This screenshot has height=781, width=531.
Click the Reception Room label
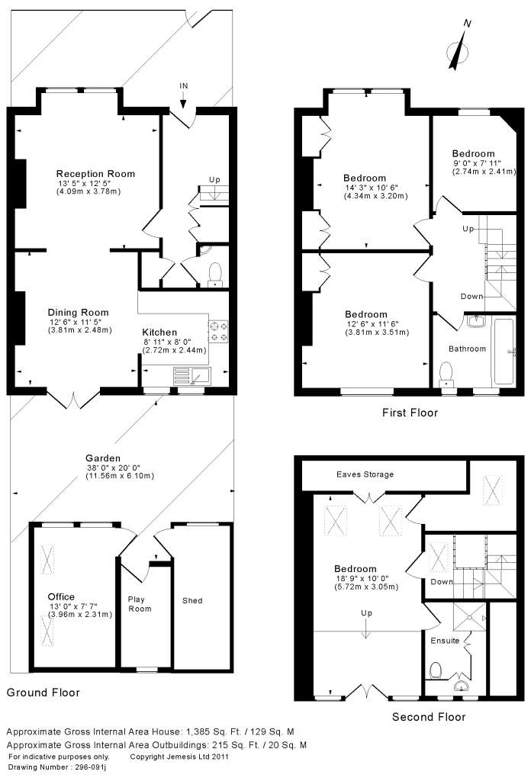[x=95, y=174]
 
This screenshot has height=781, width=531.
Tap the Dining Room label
[x=79, y=312]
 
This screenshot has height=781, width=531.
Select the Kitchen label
[x=159, y=333]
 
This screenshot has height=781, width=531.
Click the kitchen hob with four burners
[x=219, y=332]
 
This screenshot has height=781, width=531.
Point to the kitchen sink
[x=192, y=375]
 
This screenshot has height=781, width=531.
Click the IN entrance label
[x=184, y=85]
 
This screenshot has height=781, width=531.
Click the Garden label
[x=103, y=458]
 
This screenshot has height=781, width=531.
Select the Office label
[x=61, y=596]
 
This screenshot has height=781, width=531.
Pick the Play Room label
[x=140, y=604]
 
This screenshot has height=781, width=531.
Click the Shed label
[x=192, y=601]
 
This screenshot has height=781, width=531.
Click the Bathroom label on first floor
[x=467, y=349]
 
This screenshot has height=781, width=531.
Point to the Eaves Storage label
[x=365, y=474]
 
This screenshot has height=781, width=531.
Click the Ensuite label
[x=445, y=641]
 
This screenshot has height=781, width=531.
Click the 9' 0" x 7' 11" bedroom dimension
[x=477, y=163]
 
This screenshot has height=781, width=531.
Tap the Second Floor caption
[x=429, y=717]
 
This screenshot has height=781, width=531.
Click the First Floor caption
[x=410, y=413]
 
